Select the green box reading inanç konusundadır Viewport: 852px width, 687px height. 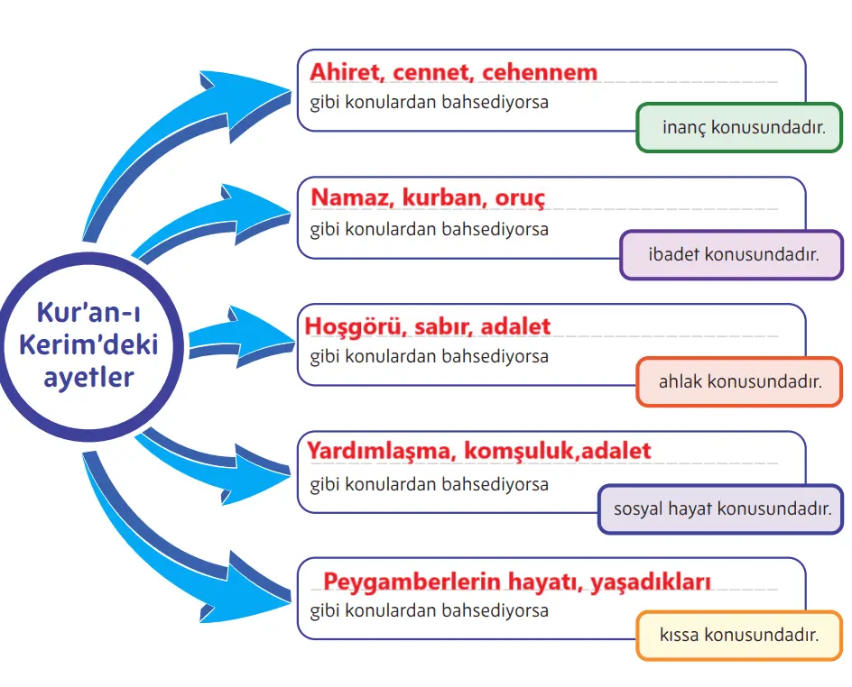click(x=739, y=127)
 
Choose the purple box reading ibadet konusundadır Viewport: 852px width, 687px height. click(x=732, y=254)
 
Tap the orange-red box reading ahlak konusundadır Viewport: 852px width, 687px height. click(x=739, y=381)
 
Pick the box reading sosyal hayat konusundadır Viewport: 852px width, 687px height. click(x=721, y=509)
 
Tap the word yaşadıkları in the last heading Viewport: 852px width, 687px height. click(x=651, y=582)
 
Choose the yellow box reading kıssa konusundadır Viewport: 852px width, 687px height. click(x=739, y=636)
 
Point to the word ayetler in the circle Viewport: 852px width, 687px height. click(x=88, y=376)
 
